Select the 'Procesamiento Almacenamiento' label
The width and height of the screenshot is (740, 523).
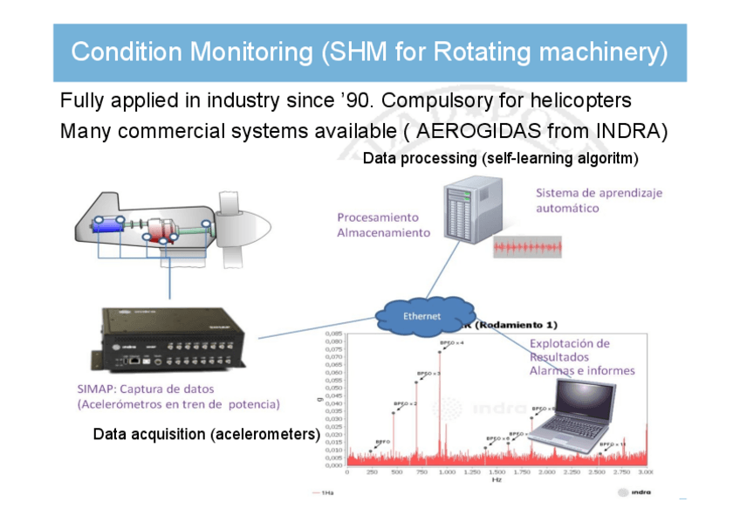click(x=383, y=224)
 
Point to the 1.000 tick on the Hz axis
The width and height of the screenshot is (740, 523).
click(x=447, y=472)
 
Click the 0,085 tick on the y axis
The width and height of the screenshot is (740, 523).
click(x=333, y=334)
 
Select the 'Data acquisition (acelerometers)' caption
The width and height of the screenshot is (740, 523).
click(x=206, y=434)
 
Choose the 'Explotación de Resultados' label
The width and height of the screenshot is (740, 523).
click(x=570, y=350)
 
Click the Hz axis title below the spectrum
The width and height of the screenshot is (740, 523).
click(x=496, y=480)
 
